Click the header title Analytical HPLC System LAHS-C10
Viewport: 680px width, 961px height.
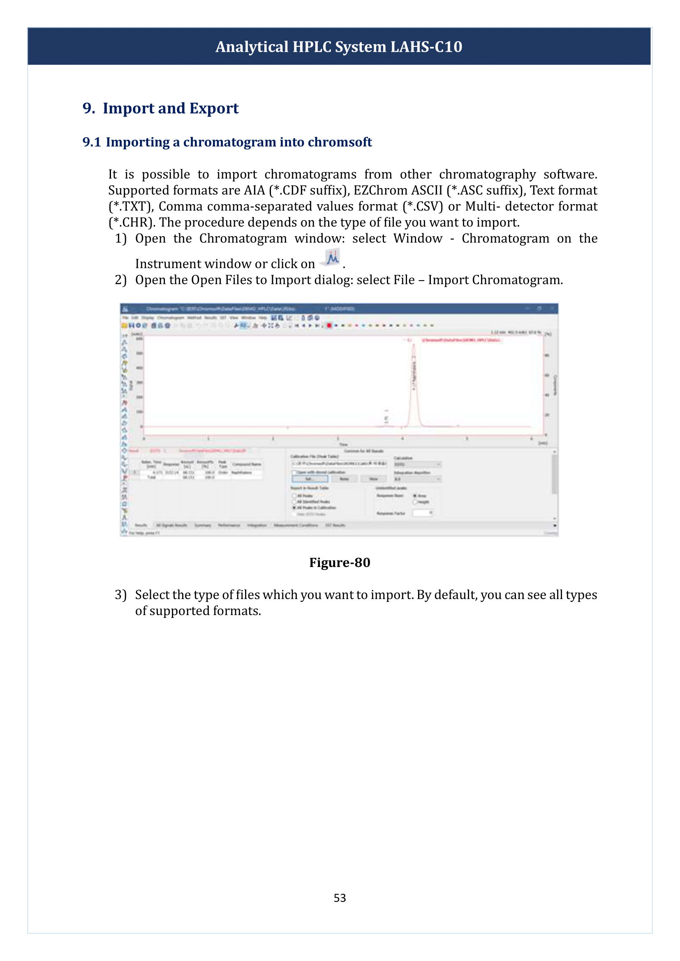tap(339, 46)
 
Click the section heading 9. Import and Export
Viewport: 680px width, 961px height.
tap(160, 108)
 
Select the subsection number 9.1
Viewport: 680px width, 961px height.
tap(91, 142)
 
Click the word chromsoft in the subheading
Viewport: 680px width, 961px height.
tap(340, 142)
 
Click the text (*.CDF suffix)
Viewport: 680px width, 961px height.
tap(310, 191)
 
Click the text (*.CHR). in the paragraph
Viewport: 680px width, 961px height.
tap(132, 222)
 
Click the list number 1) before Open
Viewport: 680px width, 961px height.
tap(120, 239)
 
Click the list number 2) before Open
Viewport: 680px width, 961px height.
tap(120, 280)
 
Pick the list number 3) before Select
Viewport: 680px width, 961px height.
tap(120, 595)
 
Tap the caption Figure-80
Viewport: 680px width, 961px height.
tap(340, 562)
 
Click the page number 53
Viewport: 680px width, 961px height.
tap(340, 898)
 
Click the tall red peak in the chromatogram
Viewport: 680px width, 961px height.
tap(414, 377)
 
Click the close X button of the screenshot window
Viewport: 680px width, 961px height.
tap(552, 309)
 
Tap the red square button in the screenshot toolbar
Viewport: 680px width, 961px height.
tap(330, 325)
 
